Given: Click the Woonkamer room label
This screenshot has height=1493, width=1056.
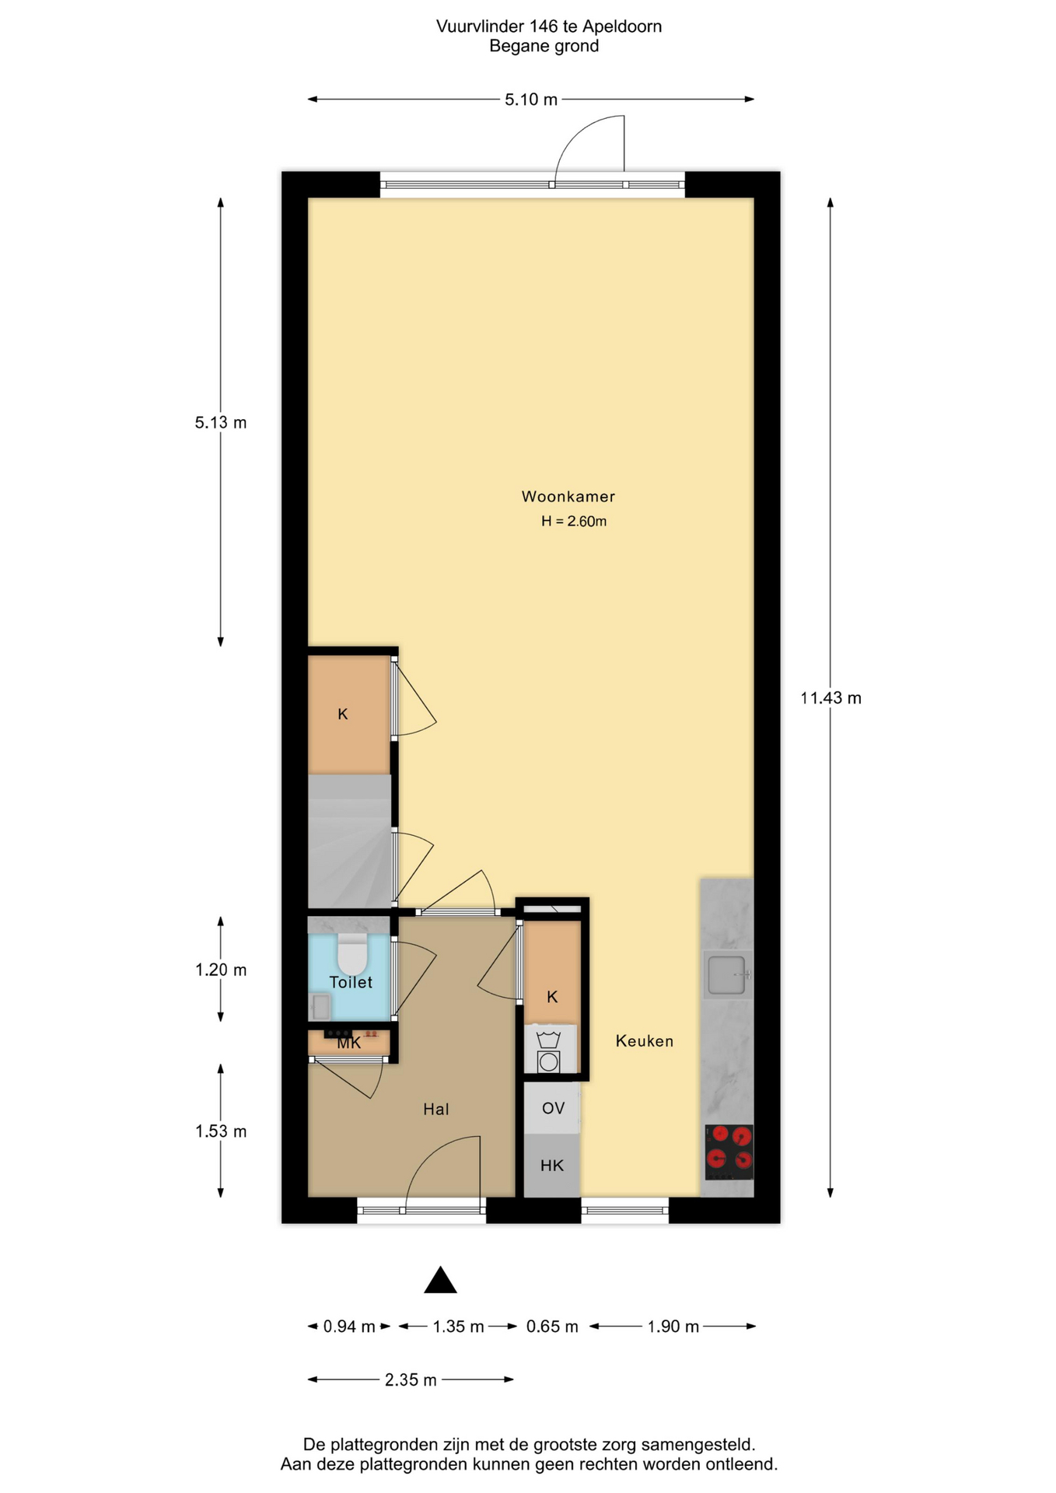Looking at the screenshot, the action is [x=568, y=496].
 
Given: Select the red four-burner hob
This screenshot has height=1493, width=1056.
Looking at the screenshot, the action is [x=729, y=1152].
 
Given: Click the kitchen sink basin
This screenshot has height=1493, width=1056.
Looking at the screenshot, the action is [x=726, y=974].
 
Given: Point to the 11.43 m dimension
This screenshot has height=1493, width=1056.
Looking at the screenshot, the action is [x=830, y=698].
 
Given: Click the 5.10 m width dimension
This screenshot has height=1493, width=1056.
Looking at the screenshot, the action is [x=531, y=100].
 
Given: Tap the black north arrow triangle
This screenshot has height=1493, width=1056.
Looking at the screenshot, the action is [x=440, y=1279].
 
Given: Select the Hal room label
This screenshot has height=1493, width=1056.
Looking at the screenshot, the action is [x=435, y=1109].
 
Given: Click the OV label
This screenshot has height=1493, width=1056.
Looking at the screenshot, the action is [x=553, y=1108].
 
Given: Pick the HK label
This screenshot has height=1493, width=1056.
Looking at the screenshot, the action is [x=552, y=1165].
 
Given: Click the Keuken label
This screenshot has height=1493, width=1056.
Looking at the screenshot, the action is [x=645, y=1040].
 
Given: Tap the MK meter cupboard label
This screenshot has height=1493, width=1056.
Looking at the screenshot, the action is [x=349, y=1044].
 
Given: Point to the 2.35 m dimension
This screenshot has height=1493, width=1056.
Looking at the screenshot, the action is [x=411, y=1379].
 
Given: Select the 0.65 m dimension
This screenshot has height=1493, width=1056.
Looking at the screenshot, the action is [x=552, y=1326].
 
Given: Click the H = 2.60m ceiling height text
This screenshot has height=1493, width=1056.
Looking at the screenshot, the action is [x=574, y=521].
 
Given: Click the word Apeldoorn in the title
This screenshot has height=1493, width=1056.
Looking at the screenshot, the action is [x=622, y=26].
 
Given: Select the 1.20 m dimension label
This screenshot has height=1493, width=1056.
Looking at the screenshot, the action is [x=221, y=970].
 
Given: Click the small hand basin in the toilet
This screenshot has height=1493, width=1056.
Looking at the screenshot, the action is [x=320, y=1007].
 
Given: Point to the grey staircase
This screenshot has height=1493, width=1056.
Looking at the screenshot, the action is [x=349, y=841].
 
